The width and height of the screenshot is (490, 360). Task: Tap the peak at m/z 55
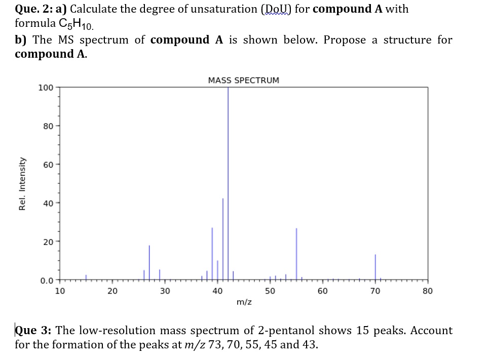[x=296, y=253]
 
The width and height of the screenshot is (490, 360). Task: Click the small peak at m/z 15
[x=86, y=277]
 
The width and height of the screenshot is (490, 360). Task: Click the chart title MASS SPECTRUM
[x=243, y=80]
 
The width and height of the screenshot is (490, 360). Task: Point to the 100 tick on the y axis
[x=46, y=88]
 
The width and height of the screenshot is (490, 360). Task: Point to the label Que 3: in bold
[x=33, y=331]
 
